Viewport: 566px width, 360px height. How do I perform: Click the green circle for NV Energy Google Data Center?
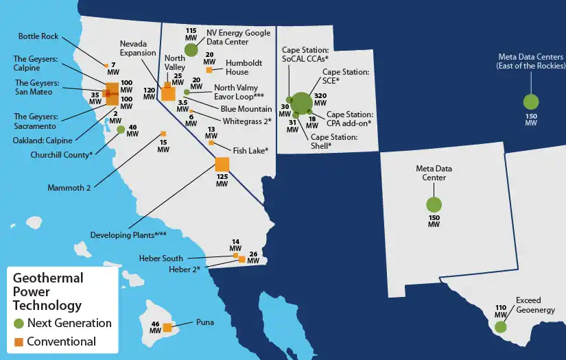pos(191,49)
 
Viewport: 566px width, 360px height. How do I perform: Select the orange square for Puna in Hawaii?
pos(167,327)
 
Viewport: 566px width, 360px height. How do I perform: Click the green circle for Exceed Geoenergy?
pos(500,326)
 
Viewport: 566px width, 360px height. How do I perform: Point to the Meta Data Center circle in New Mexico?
pos(434,204)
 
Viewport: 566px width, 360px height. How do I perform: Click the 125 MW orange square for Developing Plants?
pos(222,165)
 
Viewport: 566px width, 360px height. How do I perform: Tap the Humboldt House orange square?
pos(209,70)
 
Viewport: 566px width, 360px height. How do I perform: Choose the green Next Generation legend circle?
pos(18,323)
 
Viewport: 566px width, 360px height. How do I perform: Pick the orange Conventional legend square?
pos(18,341)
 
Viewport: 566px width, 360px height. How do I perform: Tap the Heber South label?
pos(164,258)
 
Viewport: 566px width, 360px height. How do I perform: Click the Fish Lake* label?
pos(250,150)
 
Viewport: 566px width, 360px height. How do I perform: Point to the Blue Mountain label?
pos(246,109)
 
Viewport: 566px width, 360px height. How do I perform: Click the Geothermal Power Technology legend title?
pos(48,291)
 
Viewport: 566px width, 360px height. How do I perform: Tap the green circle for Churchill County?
pos(121,130)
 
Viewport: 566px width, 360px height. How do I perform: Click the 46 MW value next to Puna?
pos(154,327)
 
